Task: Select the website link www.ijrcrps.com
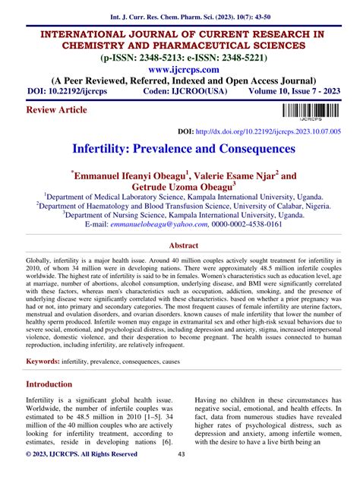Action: click(x=179, y=69)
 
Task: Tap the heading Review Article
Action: click(x=56, y=109)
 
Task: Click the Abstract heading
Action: click(x=179, y=246)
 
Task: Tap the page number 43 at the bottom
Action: click(x=181, y=454)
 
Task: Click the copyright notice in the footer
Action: click(x=82, y=454)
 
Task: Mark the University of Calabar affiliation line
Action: click(x=179, y=204)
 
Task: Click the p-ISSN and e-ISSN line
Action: click(x=179, y=57)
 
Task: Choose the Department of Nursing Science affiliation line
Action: click(x=179, y=215)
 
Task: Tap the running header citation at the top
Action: click(x=179, y=13)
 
